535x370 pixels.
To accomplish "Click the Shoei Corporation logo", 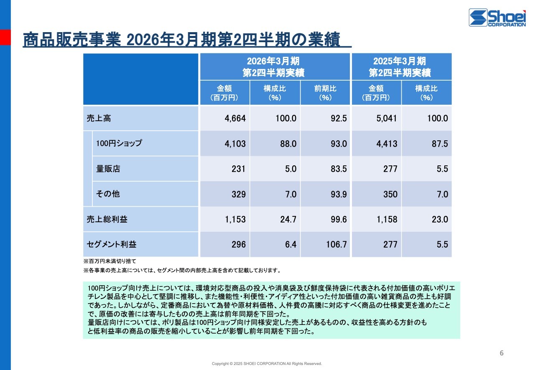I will (x=497, y=18).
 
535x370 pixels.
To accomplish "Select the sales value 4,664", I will (x=235, y=118).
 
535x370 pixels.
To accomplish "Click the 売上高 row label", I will (x=99, y=118).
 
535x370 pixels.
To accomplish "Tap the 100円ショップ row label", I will (x=119, y=143).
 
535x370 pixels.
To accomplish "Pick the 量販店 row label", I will (x=108, y=169).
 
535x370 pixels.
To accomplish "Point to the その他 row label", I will (x=108, y=194).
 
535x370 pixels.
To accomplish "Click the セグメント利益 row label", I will (x=112, y=244).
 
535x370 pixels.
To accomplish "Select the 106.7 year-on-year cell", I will (x=336, y=244).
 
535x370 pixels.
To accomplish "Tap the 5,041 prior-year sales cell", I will (x=387, y=118).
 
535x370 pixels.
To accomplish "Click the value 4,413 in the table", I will (x=387, y=144).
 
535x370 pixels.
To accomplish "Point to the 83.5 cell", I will (x=338, y=169).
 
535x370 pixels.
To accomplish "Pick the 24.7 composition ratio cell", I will (x=288, y=219).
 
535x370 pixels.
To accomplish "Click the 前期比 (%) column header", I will (x=325, y=93).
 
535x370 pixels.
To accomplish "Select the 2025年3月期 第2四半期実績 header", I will (x=401, y=67).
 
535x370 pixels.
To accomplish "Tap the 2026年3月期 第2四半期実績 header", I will (x=275, y=67).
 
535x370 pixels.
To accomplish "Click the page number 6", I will (x=502, y=353).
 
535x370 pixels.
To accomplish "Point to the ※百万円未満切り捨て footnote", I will (x=110, y=261).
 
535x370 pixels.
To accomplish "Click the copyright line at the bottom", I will (x=267, y=364).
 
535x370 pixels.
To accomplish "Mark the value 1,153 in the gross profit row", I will (x=235, y=219).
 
